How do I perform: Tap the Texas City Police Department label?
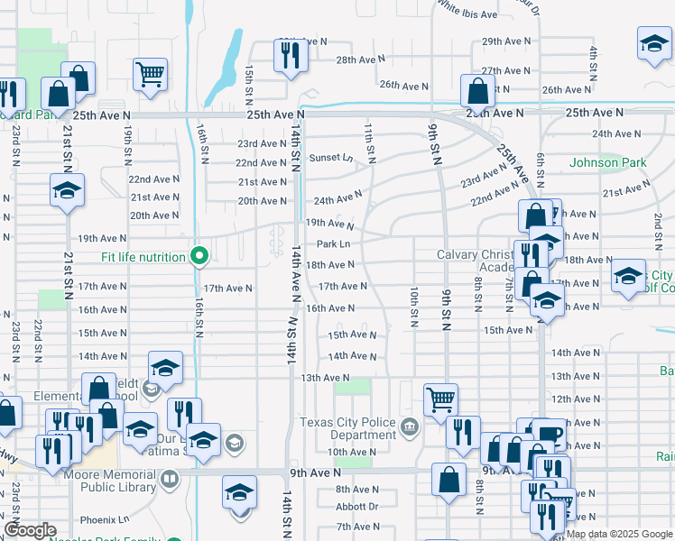pos(347,429)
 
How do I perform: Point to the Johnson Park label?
pos(608,163)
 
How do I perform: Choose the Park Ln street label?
pos(333,244)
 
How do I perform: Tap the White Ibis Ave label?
pos(467,14)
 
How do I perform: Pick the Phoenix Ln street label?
pos(105,520)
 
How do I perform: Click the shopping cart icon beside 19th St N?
pos(150,74)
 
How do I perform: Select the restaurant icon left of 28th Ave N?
pos(291,56)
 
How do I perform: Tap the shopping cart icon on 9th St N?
pos(440,398)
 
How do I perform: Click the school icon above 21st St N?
pos(67,190)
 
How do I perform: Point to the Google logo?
pos(30,531)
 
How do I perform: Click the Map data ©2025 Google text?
pos(619,535)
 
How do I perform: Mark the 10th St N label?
pos(413,307)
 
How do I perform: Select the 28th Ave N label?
pos(360,60)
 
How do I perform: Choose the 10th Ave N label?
pos(351,452)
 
